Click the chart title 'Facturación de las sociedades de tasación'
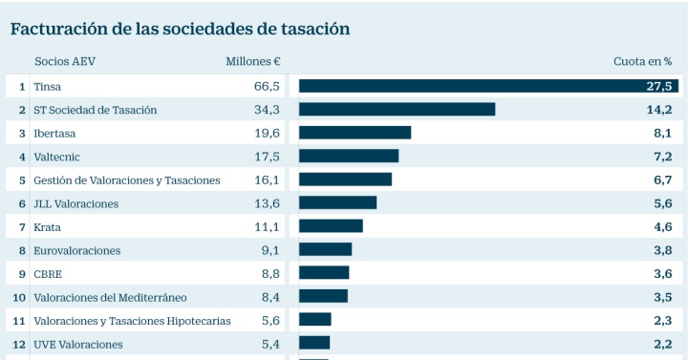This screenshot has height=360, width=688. pos(180,29)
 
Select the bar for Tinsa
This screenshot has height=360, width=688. pos(489,86)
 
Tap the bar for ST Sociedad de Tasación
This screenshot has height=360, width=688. pos(398,109)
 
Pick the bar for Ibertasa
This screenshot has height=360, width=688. pos(355,133)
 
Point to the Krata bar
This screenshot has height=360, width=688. pos(331,225)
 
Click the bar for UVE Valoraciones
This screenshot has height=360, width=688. pos(314,343)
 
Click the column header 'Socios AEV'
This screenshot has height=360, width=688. pos(65,61)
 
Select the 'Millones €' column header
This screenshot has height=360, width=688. pos(253,61)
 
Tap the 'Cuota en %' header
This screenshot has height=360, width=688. pos(642,61)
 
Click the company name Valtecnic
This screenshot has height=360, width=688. pos(56,157)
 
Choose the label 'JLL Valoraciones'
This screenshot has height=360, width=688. pos(75,204)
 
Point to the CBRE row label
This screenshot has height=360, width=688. pos(48,274)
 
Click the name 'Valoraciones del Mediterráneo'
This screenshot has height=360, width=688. pos(110,298)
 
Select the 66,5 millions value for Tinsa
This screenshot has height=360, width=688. pos(267,86)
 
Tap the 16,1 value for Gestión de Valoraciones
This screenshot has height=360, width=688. pos(267,180)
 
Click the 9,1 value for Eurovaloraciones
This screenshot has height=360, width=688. pos(270,250)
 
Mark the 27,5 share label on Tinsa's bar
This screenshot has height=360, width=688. pos(659,86)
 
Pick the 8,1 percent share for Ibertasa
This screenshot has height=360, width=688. pos(663,133)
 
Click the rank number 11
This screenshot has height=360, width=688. pos(19,321)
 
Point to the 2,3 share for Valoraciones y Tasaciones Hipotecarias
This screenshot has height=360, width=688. pos(663,321)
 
